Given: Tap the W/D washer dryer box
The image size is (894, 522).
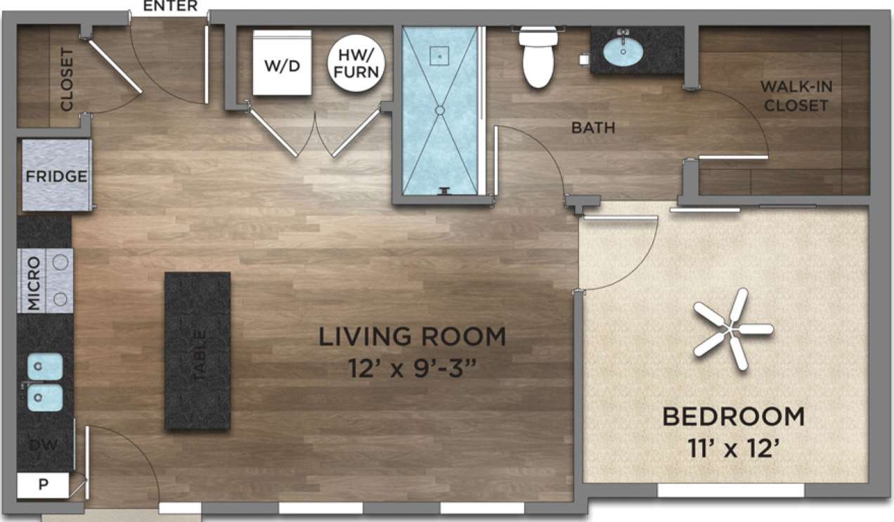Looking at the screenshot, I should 282,64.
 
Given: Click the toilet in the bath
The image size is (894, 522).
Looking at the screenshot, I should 538,59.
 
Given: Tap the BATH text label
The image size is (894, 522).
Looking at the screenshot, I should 593,128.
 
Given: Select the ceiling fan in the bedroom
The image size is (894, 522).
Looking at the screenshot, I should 732,329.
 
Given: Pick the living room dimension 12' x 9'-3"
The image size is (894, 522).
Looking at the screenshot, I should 412,368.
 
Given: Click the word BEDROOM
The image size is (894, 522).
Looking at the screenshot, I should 733,417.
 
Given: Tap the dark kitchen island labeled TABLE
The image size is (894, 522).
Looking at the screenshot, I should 197,351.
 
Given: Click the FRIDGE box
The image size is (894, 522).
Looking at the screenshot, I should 56,176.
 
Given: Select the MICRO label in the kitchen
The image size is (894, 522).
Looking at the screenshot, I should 33,282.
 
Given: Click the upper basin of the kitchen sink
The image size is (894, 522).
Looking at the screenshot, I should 46,366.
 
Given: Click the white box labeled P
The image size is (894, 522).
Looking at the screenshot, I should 42,485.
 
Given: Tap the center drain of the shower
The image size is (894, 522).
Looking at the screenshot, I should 440,110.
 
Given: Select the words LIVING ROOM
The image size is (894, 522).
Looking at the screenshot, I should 412,337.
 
